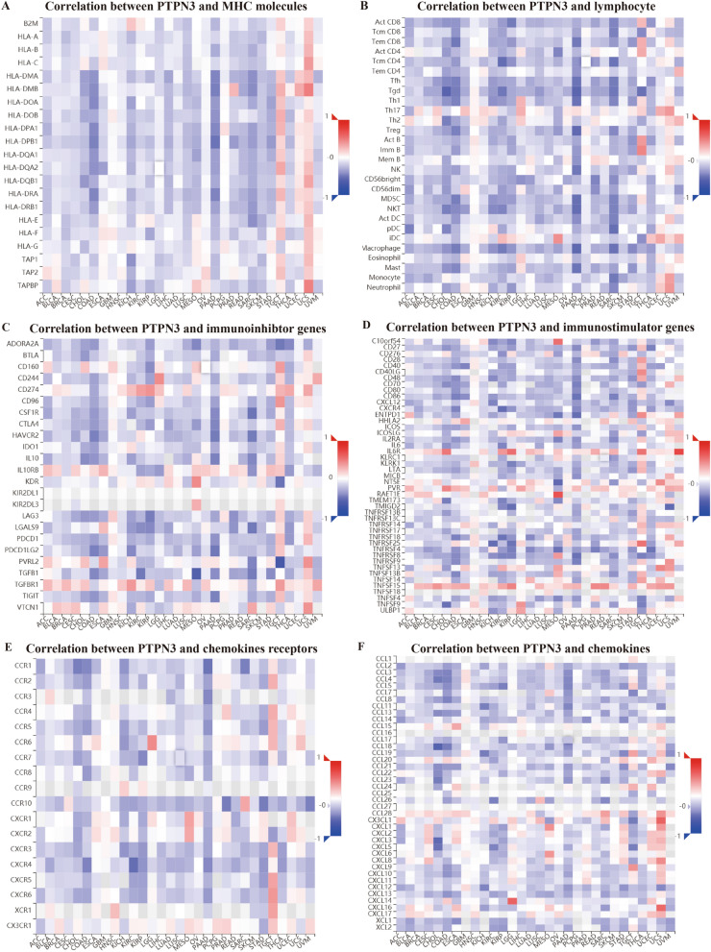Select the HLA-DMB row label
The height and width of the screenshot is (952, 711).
25,88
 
